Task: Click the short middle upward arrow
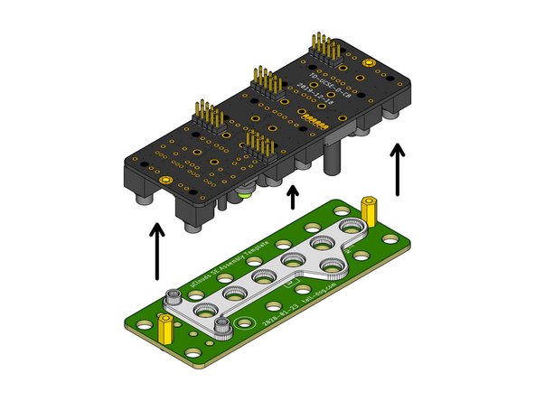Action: [x=291, y=196]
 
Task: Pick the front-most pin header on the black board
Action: [x=258, y=147]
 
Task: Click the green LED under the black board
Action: [x=243, y=191]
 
